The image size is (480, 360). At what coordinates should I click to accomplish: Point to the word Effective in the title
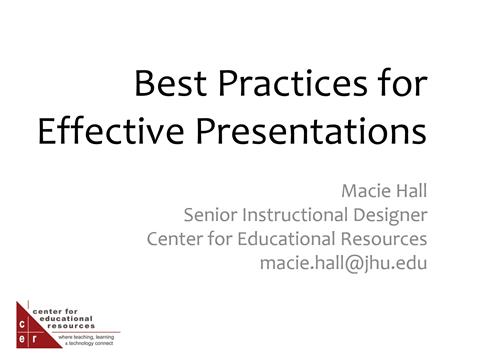tap(107, 131)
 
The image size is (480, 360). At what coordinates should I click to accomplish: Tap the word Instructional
tap(300, 214)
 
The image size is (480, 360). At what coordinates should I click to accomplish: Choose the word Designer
tap(393, 214)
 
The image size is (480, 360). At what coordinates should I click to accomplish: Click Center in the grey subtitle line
tap(175, 239)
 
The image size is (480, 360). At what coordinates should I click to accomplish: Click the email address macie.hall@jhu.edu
tap(343, 264)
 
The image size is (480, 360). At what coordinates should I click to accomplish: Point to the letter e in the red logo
tap(24, 339)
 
